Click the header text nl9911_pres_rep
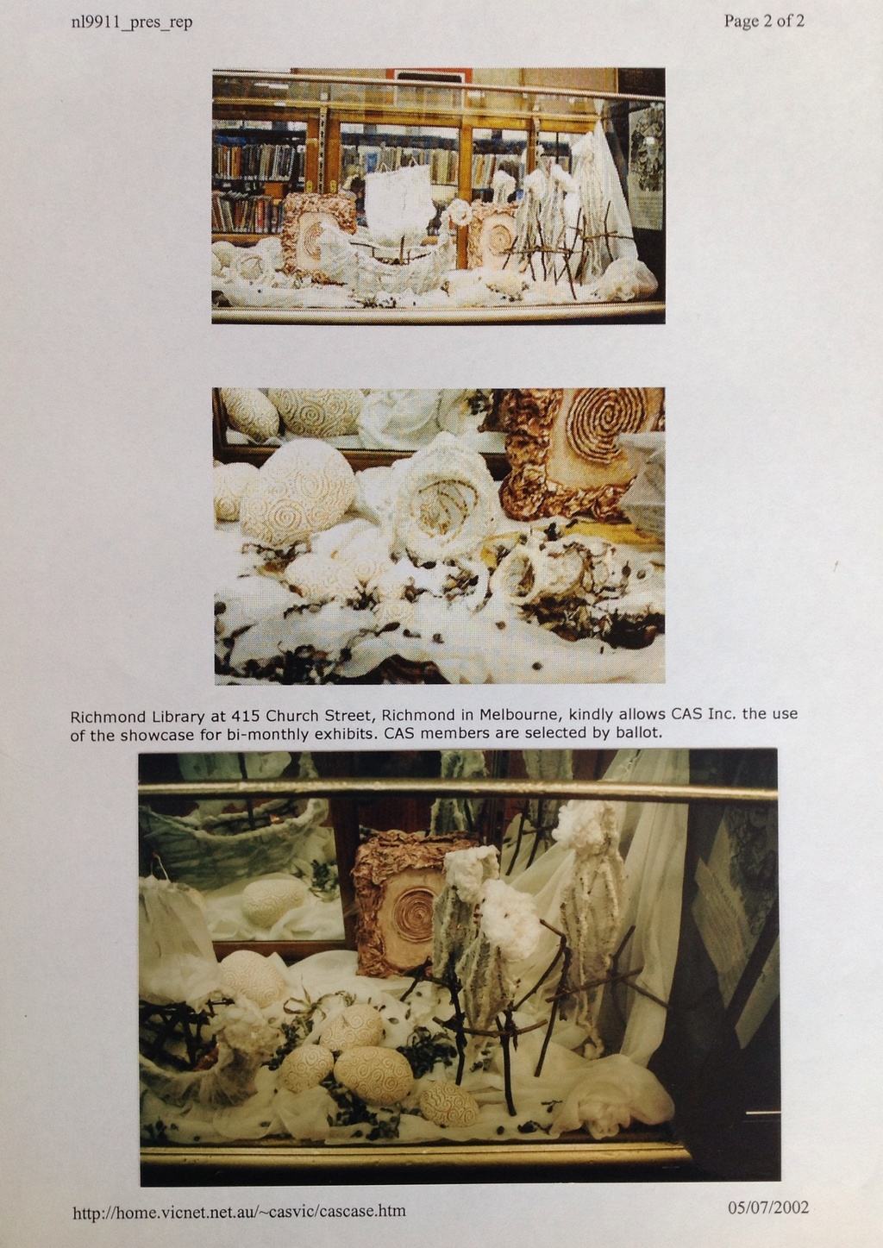(x=131, y=22)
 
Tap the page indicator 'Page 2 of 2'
(x=764, y=22)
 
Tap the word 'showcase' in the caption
(x=143, y=735)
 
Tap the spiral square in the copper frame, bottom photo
(x=412, y=915)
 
